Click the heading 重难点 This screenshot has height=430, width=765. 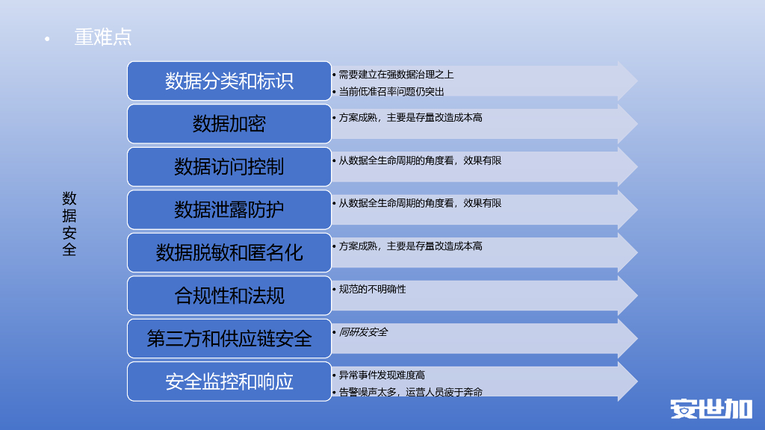(103, 37)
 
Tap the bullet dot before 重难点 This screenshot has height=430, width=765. (47, 39)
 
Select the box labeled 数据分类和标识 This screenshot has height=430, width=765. (229, 81)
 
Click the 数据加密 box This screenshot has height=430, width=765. (229, 124)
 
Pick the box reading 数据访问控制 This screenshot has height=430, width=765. (229, 166)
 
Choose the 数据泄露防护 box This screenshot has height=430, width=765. (229, 210)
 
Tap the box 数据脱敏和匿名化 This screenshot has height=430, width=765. (229, 252)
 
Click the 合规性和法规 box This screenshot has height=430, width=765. (229, 296)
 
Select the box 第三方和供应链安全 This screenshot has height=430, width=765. (229, 338)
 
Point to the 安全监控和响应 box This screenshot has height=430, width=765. (229, 381)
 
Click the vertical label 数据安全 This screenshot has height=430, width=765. (69, 224)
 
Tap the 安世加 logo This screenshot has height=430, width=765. (710, 408)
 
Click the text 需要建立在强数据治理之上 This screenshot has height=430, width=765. (396, 75)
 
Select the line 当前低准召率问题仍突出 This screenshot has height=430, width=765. (391, 92)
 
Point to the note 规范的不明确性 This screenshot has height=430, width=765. (372, 289)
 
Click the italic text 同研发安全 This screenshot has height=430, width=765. (363, 332)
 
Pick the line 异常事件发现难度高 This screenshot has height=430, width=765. (382, 375)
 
